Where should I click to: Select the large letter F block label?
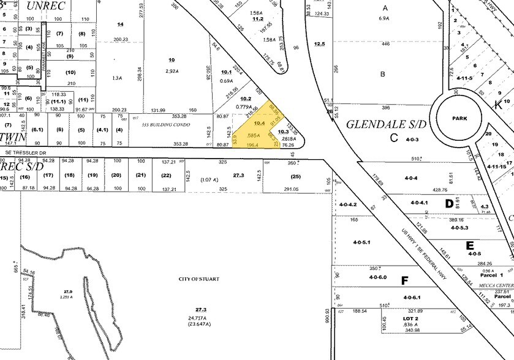[x=404, y=282]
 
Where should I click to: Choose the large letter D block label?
[x=448, y=186]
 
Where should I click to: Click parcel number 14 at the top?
[x=120, y=24]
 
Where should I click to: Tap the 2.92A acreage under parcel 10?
[x=172, y=71]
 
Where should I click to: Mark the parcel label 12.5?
[x=319, y=43]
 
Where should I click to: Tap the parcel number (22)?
[x=166, y=176]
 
